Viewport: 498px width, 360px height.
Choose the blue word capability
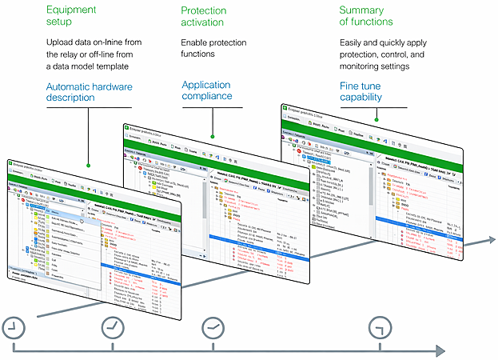coord(362,98)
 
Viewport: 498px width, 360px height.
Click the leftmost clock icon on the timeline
coord(14,326)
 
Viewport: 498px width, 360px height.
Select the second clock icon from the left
coord(113,326)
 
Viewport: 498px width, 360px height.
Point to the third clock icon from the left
coord(213,326)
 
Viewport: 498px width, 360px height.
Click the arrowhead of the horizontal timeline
coord(439,350)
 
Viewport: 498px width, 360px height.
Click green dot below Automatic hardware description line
coord(87,166)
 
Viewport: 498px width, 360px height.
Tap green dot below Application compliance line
coord(212,134)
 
